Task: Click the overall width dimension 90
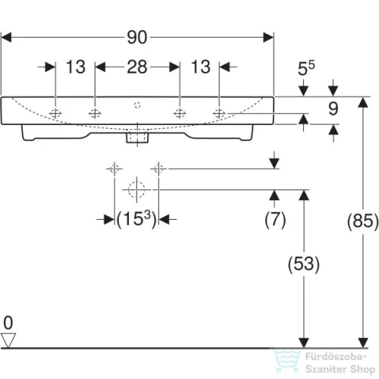click(x=137, y=37)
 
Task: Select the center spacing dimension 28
click(x=137, y=67)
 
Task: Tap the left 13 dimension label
click(x=75, y=67)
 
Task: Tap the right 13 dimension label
click(x=201, y=67)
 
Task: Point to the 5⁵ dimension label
click(x=306, y=68)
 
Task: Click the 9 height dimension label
click(x=334, y=109)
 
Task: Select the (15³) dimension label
click(x=136, y=219)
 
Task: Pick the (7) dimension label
click(x=275, y=220)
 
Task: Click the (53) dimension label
click(x=304, y=264)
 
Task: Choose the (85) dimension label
click(x=363, y=221)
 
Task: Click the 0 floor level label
click(x=8, y=323)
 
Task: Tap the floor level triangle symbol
click(x=8, y=340)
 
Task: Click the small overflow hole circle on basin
click(x=137, y=105)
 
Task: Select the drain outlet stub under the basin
click(x=137, y=137)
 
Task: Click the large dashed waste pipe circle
click(x=136, y=189)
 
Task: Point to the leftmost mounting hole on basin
click(x=55, y=114)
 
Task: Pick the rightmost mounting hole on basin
click(x=219, y=114)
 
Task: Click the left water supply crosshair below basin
click(x=114, y=168)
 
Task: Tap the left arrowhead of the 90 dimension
click(x=6, y=37)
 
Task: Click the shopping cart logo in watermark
click(x=287, y=361)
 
